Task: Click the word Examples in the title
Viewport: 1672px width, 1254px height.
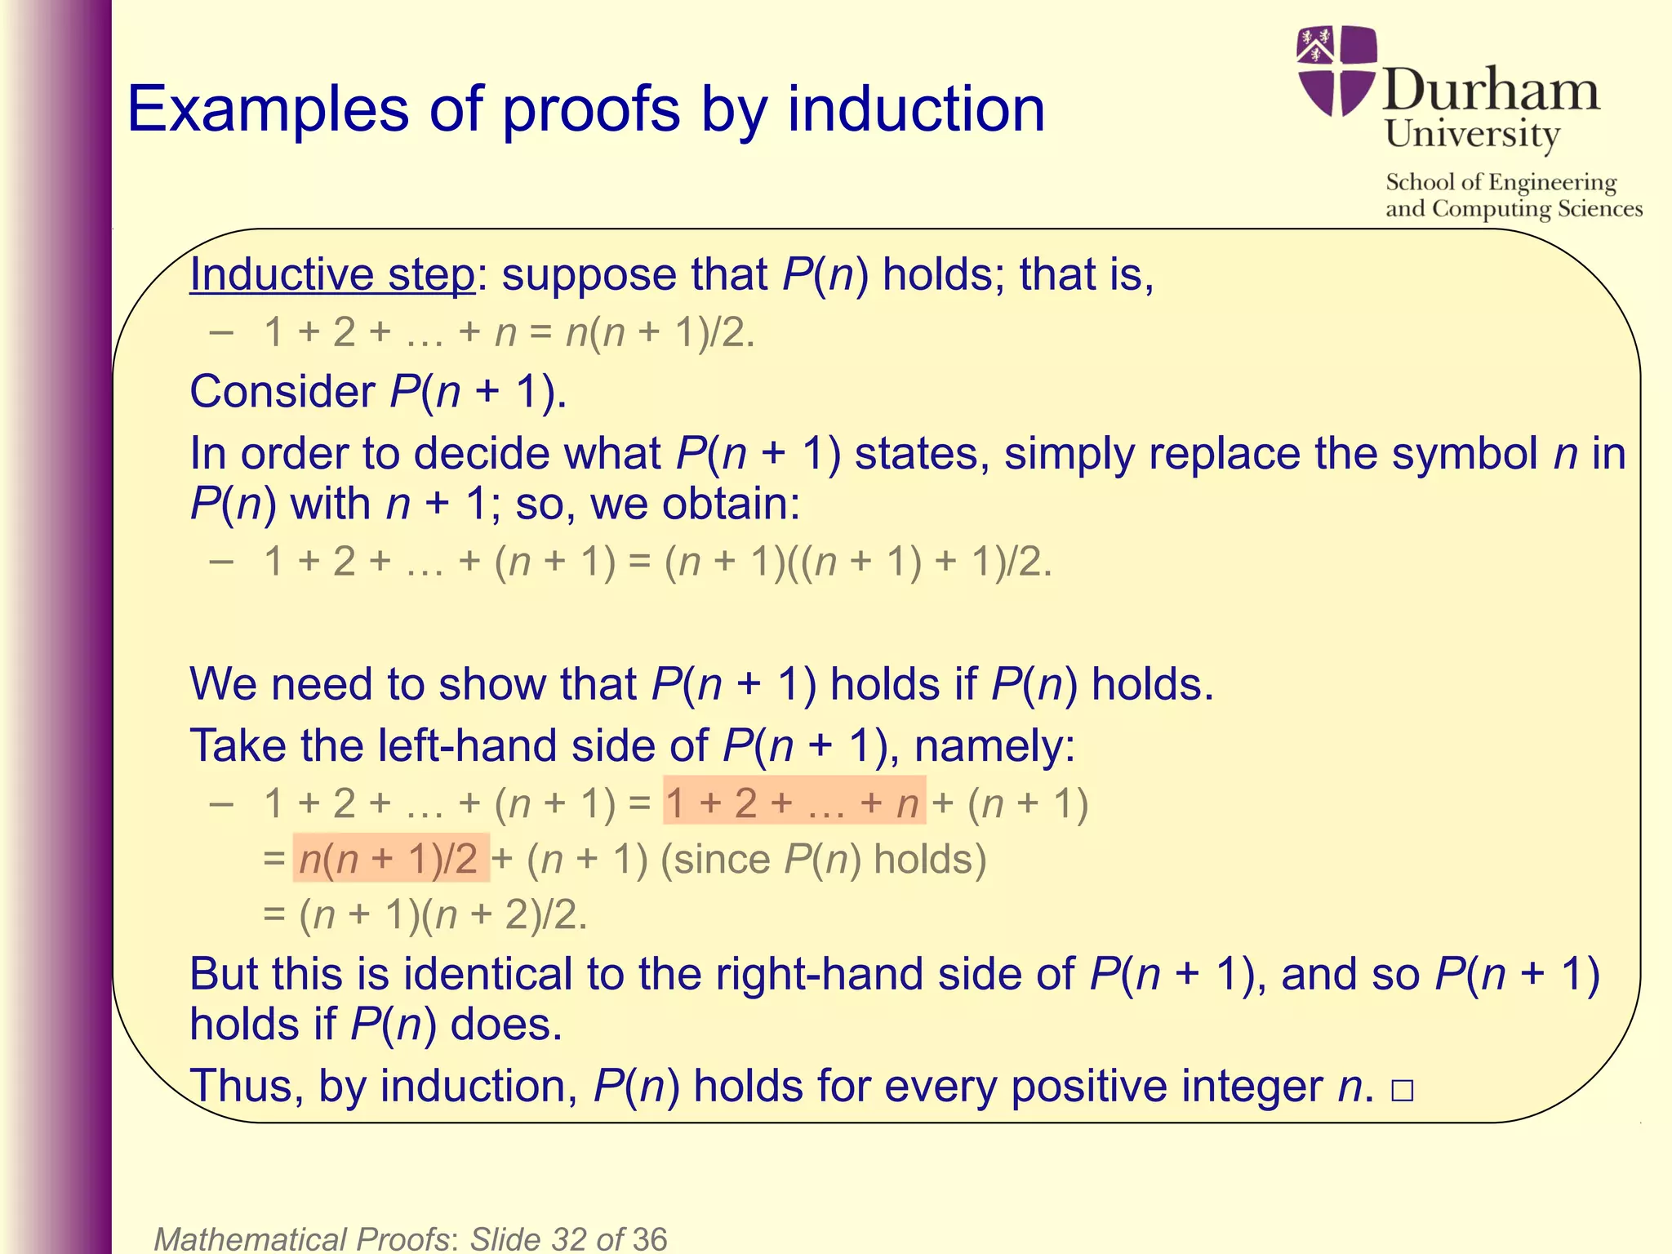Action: click(x=268, y=110)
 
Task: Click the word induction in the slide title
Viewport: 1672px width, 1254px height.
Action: click(x=915, y=110)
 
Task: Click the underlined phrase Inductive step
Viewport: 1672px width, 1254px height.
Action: click(x=331, y=274)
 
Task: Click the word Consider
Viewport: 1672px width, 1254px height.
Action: click(x=282, y=392)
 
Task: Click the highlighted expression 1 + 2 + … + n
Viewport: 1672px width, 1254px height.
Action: click(x=794, y=803)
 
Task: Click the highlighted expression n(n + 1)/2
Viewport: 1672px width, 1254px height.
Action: click(x=390, y=859)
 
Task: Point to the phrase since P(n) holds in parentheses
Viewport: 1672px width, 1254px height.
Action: click(x=823, y=859)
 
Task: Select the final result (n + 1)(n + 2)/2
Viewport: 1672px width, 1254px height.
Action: click(x=442, y=914)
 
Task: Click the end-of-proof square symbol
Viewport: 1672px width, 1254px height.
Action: click(x=1402, y=1091)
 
